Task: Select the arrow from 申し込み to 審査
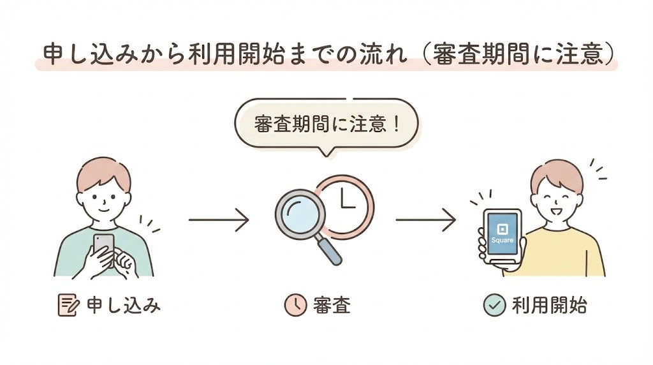tap(218, 221)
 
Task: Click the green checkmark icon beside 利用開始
tap(494, 306)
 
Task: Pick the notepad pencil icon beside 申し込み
tap(66, 306)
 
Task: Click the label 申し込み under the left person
tap(122, 306)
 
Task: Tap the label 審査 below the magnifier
tap(332, 306)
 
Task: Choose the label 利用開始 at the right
tap(549, 306)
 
